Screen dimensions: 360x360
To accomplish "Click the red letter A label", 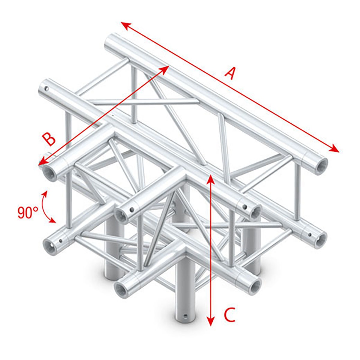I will pos(229,73).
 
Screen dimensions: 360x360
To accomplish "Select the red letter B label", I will pos(49,139).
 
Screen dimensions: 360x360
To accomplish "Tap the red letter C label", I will pos(229,315).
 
